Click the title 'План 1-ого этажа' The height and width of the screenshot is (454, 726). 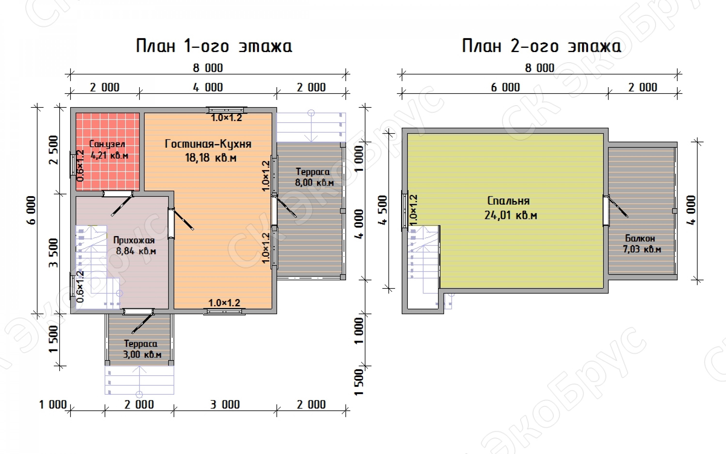click(x=214, y=46)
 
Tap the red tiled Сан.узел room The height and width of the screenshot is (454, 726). click(x=107, y=152)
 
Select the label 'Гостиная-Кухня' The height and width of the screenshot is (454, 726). click(x=208, y=144)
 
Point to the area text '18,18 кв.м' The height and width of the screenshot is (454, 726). click(x=211, y=157)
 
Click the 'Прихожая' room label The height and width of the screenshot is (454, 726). click(x=134, y=240)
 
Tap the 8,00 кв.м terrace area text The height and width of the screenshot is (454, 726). click(x=314, y=182)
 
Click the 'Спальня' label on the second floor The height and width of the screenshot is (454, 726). click(x=508, y=200)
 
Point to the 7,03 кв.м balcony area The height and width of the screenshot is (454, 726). click(x=642, y=249)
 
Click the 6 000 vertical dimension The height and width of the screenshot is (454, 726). click(x=31, y=210)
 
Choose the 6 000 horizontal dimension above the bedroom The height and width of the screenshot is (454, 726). click(x=505, y=87)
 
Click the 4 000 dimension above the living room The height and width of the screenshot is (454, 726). click(x=208, y=87)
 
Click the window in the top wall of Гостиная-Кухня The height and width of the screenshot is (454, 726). click(x=228, y=110)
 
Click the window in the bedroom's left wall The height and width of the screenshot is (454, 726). click(x=405, y=211)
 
